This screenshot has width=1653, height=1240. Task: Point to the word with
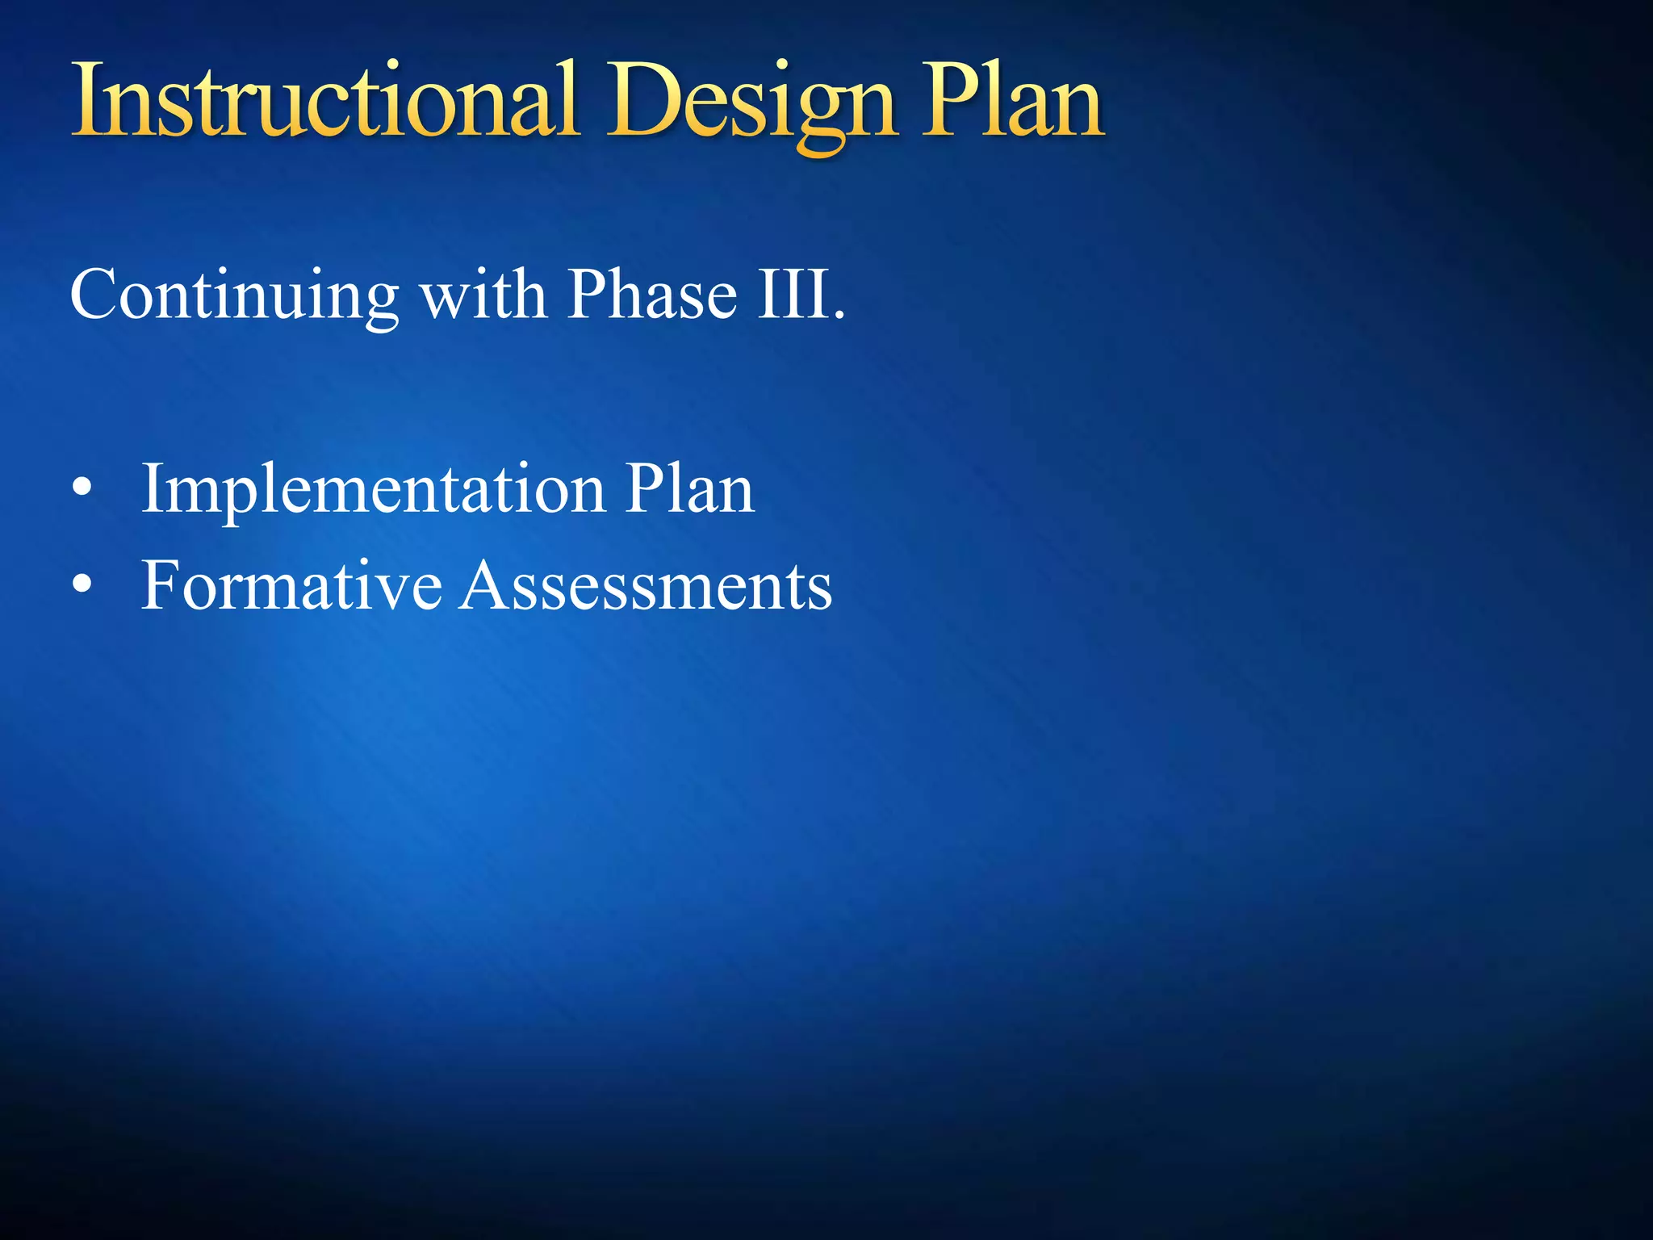click(483, 295)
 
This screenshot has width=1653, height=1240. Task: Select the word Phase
click(651, 295)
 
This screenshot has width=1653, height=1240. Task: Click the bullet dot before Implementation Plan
click(82, 488)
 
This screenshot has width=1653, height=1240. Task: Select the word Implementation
click(373, 490)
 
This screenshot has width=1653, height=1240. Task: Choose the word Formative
click(291, 585)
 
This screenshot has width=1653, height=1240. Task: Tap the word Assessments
click(647, 585)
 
